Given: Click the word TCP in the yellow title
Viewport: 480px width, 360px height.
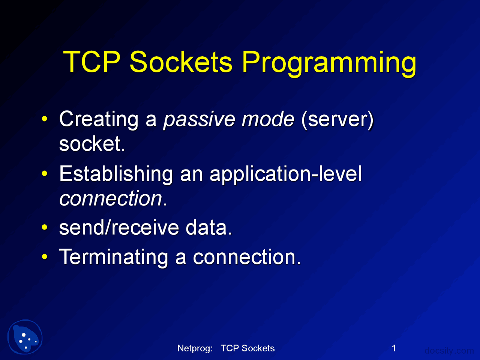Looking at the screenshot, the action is [92, 61].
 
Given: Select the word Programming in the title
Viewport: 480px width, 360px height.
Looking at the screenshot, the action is [329, 64].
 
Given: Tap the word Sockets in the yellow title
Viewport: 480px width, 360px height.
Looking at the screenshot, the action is [181, 61].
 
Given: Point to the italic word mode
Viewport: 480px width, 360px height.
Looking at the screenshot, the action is [268, 119].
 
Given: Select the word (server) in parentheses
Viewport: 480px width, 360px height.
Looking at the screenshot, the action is [337, 119].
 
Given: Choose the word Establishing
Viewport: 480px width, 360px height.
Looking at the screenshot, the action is [116, 175].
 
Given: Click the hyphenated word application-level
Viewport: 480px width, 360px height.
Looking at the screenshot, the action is [286, 175].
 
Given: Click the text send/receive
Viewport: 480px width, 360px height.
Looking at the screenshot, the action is [119, 227].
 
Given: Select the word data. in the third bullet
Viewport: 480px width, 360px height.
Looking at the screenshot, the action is [208, 227].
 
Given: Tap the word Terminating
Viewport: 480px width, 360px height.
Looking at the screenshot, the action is [114, 258].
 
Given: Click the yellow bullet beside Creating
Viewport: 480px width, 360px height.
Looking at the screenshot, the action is [45, 119].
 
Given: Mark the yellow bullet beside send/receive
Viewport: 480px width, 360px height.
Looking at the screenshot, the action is [45, 227].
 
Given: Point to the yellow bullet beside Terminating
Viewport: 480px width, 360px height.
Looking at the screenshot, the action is [45, 256].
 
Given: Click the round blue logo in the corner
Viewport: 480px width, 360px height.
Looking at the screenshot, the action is [25, 337].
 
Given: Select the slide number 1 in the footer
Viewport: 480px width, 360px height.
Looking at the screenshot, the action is [394, 348].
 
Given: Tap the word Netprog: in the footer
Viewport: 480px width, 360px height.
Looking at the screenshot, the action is [195, 348].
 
